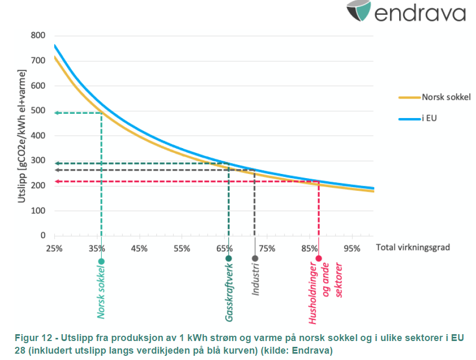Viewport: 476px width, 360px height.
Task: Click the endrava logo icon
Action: click(360, 11)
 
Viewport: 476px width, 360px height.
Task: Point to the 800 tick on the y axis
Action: click(38, 36)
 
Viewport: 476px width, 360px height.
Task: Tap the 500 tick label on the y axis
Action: click(38, 111)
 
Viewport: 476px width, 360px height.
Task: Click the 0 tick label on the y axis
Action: click(43, 236)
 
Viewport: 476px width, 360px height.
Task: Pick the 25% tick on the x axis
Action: click(54, 248)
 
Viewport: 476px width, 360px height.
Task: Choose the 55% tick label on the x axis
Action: click(182, 248)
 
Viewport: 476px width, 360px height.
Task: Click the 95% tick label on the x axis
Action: click(352, 248)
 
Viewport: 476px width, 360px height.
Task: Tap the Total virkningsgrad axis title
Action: click(413, 247)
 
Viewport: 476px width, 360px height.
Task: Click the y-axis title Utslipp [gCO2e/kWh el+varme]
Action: click(21, 136)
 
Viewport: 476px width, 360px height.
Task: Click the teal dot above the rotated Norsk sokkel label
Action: click(101, 261)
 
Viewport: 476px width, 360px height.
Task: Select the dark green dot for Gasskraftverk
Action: click(229, 258)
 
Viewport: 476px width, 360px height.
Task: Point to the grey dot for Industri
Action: click(255, 258)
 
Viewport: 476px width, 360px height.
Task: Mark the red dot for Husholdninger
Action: click(319, 258)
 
